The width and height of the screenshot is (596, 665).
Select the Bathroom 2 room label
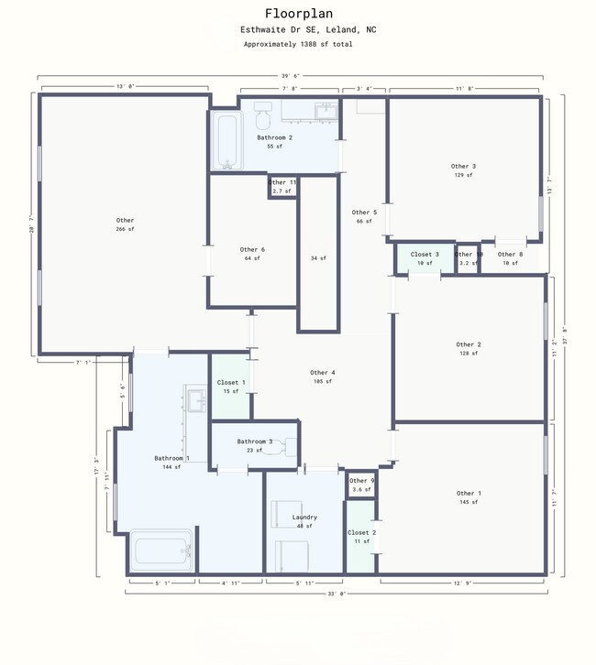pyautogui.click(x=274, y=137)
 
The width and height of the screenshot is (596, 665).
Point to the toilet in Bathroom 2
pyautogui.click(x=261, y=115)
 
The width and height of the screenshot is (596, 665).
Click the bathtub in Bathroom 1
pyautogui.click(x=161, y=551)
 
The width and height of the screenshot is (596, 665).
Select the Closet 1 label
pyautogui.click(x=230, y=382)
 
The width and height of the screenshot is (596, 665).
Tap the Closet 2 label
pyautogui.click(x=360, y=532)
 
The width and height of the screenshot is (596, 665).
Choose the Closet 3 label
pyautogui.click(x=425, y=254)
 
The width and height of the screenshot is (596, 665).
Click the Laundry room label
pyautogui.click(x=304, y=517)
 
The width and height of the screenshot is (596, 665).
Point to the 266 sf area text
pyautogui.click(x=125, y=229)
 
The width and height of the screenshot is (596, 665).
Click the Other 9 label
pyautogui.click(x=361, y=481)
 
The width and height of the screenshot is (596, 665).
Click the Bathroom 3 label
pyautogui.click(x=254, y=442)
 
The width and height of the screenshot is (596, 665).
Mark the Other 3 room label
pyautogui.click(x=463, y=166)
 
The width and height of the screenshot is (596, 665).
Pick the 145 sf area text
pyautogui.click(x=468, y=503)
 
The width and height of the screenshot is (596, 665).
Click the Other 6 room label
pyautogui.click(x=252, y=249)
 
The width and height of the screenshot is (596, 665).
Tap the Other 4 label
pyautogui.click(x=322, y=372)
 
